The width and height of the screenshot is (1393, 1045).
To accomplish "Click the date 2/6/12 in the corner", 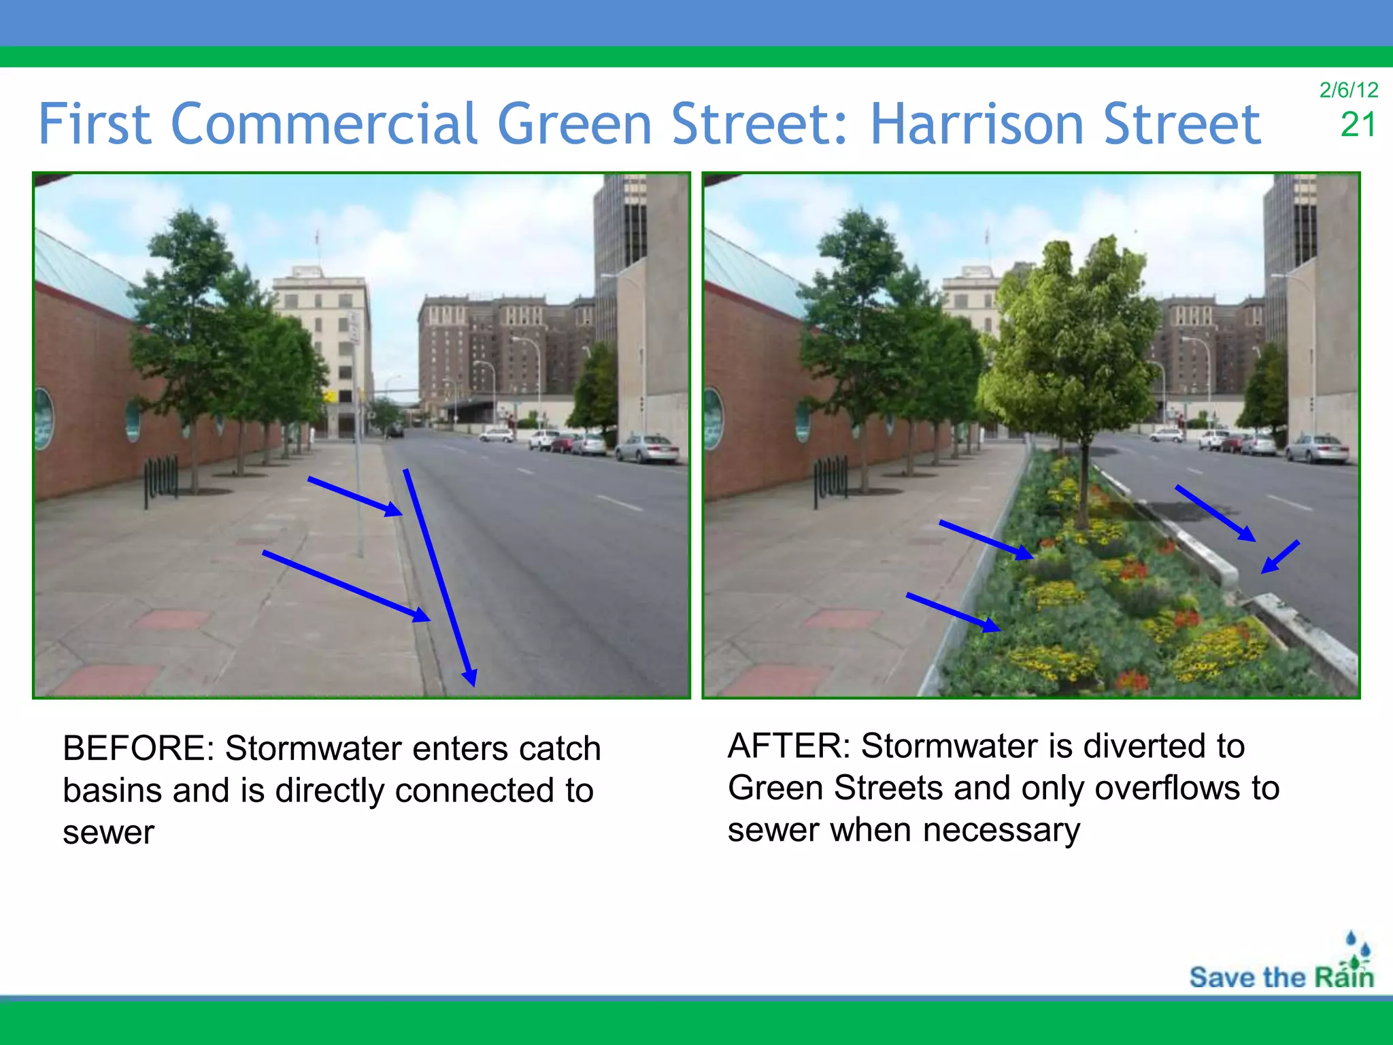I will [1348, 90].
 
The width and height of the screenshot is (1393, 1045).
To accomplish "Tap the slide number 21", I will [1358, 125].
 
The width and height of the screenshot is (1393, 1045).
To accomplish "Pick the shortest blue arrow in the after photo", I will [1280, 557].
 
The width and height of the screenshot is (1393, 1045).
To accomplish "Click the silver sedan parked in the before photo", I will [647, 448].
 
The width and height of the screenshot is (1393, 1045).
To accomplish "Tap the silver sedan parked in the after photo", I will [1317, 449].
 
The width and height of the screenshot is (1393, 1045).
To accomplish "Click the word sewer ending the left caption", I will [109, 833].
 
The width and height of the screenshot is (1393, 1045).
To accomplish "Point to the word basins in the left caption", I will [112, 791].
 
